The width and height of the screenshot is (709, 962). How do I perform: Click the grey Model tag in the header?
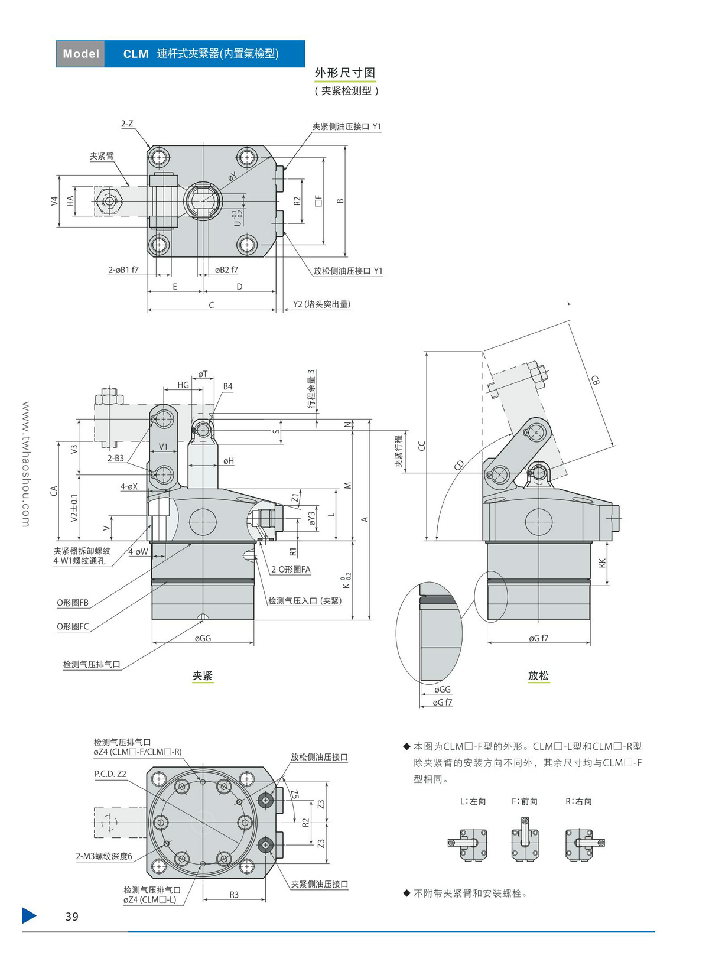81,54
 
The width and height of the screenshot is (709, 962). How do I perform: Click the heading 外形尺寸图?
345,73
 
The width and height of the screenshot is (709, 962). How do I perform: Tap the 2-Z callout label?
127,124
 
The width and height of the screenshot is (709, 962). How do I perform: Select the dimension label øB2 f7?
226,270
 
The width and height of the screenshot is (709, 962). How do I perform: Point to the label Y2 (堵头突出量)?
321,304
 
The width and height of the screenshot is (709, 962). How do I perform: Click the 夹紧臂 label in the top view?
102,156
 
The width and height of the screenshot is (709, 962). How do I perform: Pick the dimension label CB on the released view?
595,381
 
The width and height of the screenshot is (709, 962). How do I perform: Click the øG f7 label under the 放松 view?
538,638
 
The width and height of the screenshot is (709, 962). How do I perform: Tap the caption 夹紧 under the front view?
202,675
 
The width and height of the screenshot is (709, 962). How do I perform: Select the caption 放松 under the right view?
538,675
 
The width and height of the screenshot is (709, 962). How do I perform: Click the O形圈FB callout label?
73,603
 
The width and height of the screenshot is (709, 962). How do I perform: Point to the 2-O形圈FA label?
291,570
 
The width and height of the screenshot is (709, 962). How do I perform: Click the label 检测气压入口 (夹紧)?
305,601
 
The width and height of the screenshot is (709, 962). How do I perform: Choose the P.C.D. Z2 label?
110,774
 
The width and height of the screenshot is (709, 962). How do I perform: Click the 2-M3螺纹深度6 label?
104,856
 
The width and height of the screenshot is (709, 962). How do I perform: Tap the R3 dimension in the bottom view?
234,895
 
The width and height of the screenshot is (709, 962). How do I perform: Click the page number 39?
71,916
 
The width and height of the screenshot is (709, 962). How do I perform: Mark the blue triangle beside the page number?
29,915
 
